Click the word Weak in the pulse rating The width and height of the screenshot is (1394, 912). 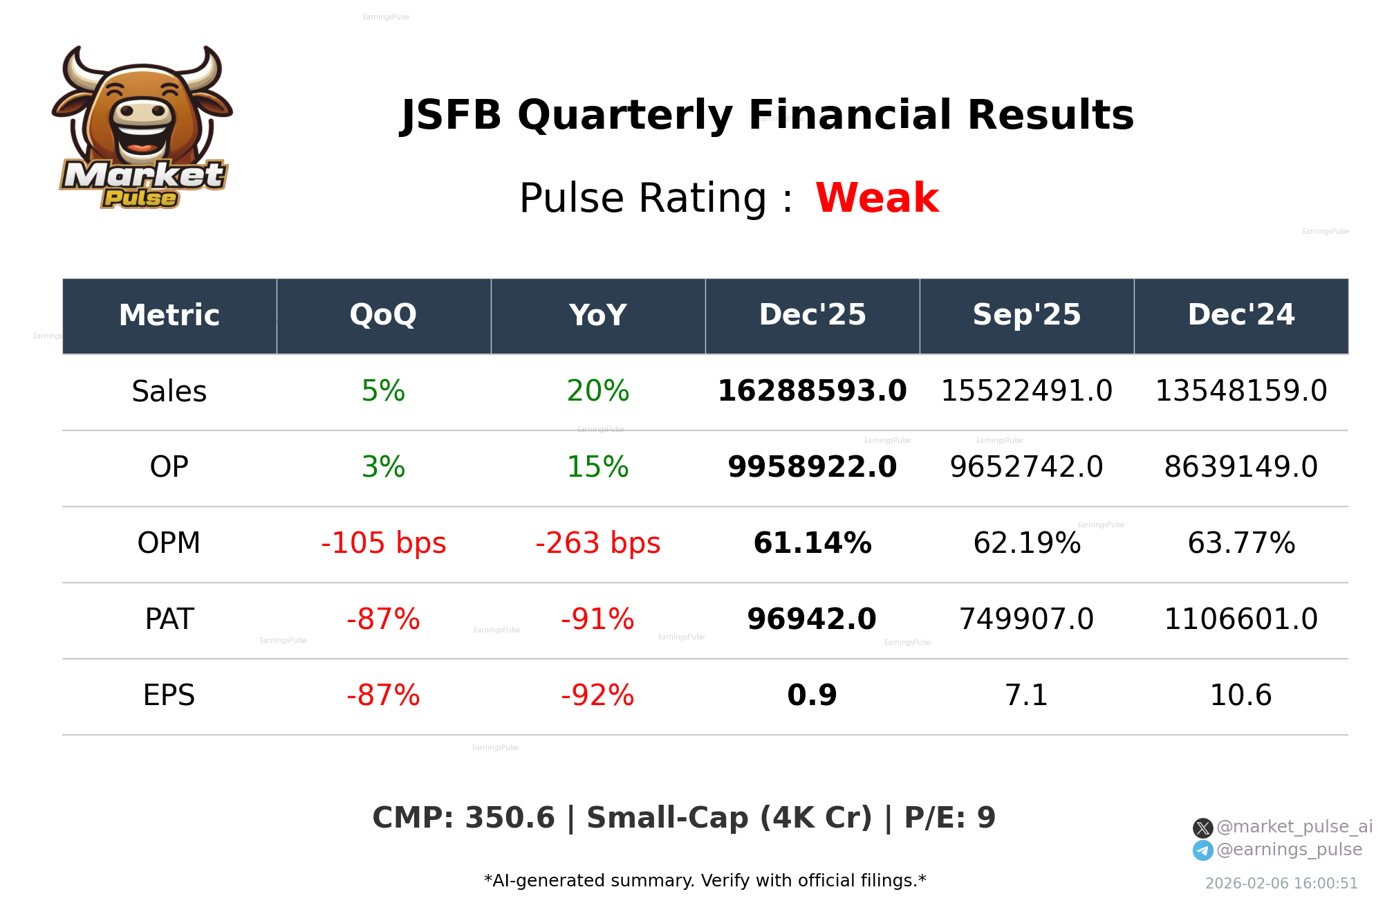point(877,198)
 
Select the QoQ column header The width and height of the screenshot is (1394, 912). point(383,316)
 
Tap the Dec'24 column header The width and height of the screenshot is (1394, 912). point(1240,316)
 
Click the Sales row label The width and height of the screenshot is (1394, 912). point(169,392)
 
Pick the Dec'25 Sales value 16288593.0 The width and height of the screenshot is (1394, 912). point(812,392)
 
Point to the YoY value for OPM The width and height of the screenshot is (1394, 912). point(597,544)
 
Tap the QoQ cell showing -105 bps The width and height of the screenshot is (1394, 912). point(383,544)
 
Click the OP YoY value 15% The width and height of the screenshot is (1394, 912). point(597,468)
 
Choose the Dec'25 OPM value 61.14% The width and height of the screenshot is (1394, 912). point(812,544)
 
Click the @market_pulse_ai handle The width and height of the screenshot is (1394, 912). point(1294,827)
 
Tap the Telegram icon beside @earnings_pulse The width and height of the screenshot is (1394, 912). point(1202,850)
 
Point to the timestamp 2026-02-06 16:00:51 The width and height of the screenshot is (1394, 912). point(1281,884)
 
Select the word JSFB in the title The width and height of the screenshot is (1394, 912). point(451,116)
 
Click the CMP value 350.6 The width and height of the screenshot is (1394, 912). point(510,819)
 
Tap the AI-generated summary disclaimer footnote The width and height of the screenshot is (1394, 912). point(705,881)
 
